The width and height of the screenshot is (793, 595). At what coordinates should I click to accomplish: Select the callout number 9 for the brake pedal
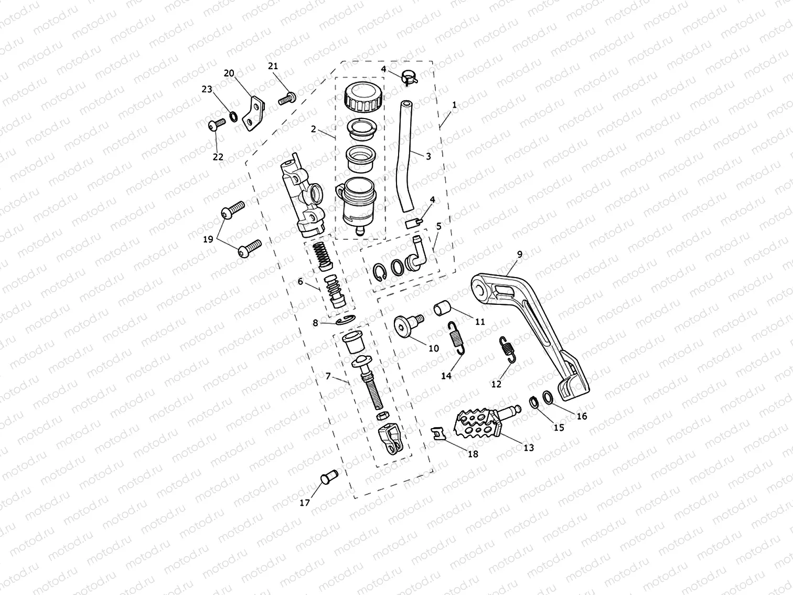(519, 254)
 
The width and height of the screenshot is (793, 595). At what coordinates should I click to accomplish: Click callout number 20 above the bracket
(229, 73)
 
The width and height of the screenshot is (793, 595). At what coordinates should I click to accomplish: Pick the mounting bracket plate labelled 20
(254, 113)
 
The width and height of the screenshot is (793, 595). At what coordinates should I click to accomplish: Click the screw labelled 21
(286, 98)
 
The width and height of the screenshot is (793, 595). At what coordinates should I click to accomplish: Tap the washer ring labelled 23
(232, 115)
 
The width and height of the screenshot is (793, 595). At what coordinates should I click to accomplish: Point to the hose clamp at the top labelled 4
(409, 77)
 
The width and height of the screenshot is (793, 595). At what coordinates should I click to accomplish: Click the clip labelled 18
(438, 433)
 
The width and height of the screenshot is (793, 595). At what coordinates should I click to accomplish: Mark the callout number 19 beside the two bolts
(208, 239)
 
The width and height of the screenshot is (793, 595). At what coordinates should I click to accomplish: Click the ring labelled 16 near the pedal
(546, 397)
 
